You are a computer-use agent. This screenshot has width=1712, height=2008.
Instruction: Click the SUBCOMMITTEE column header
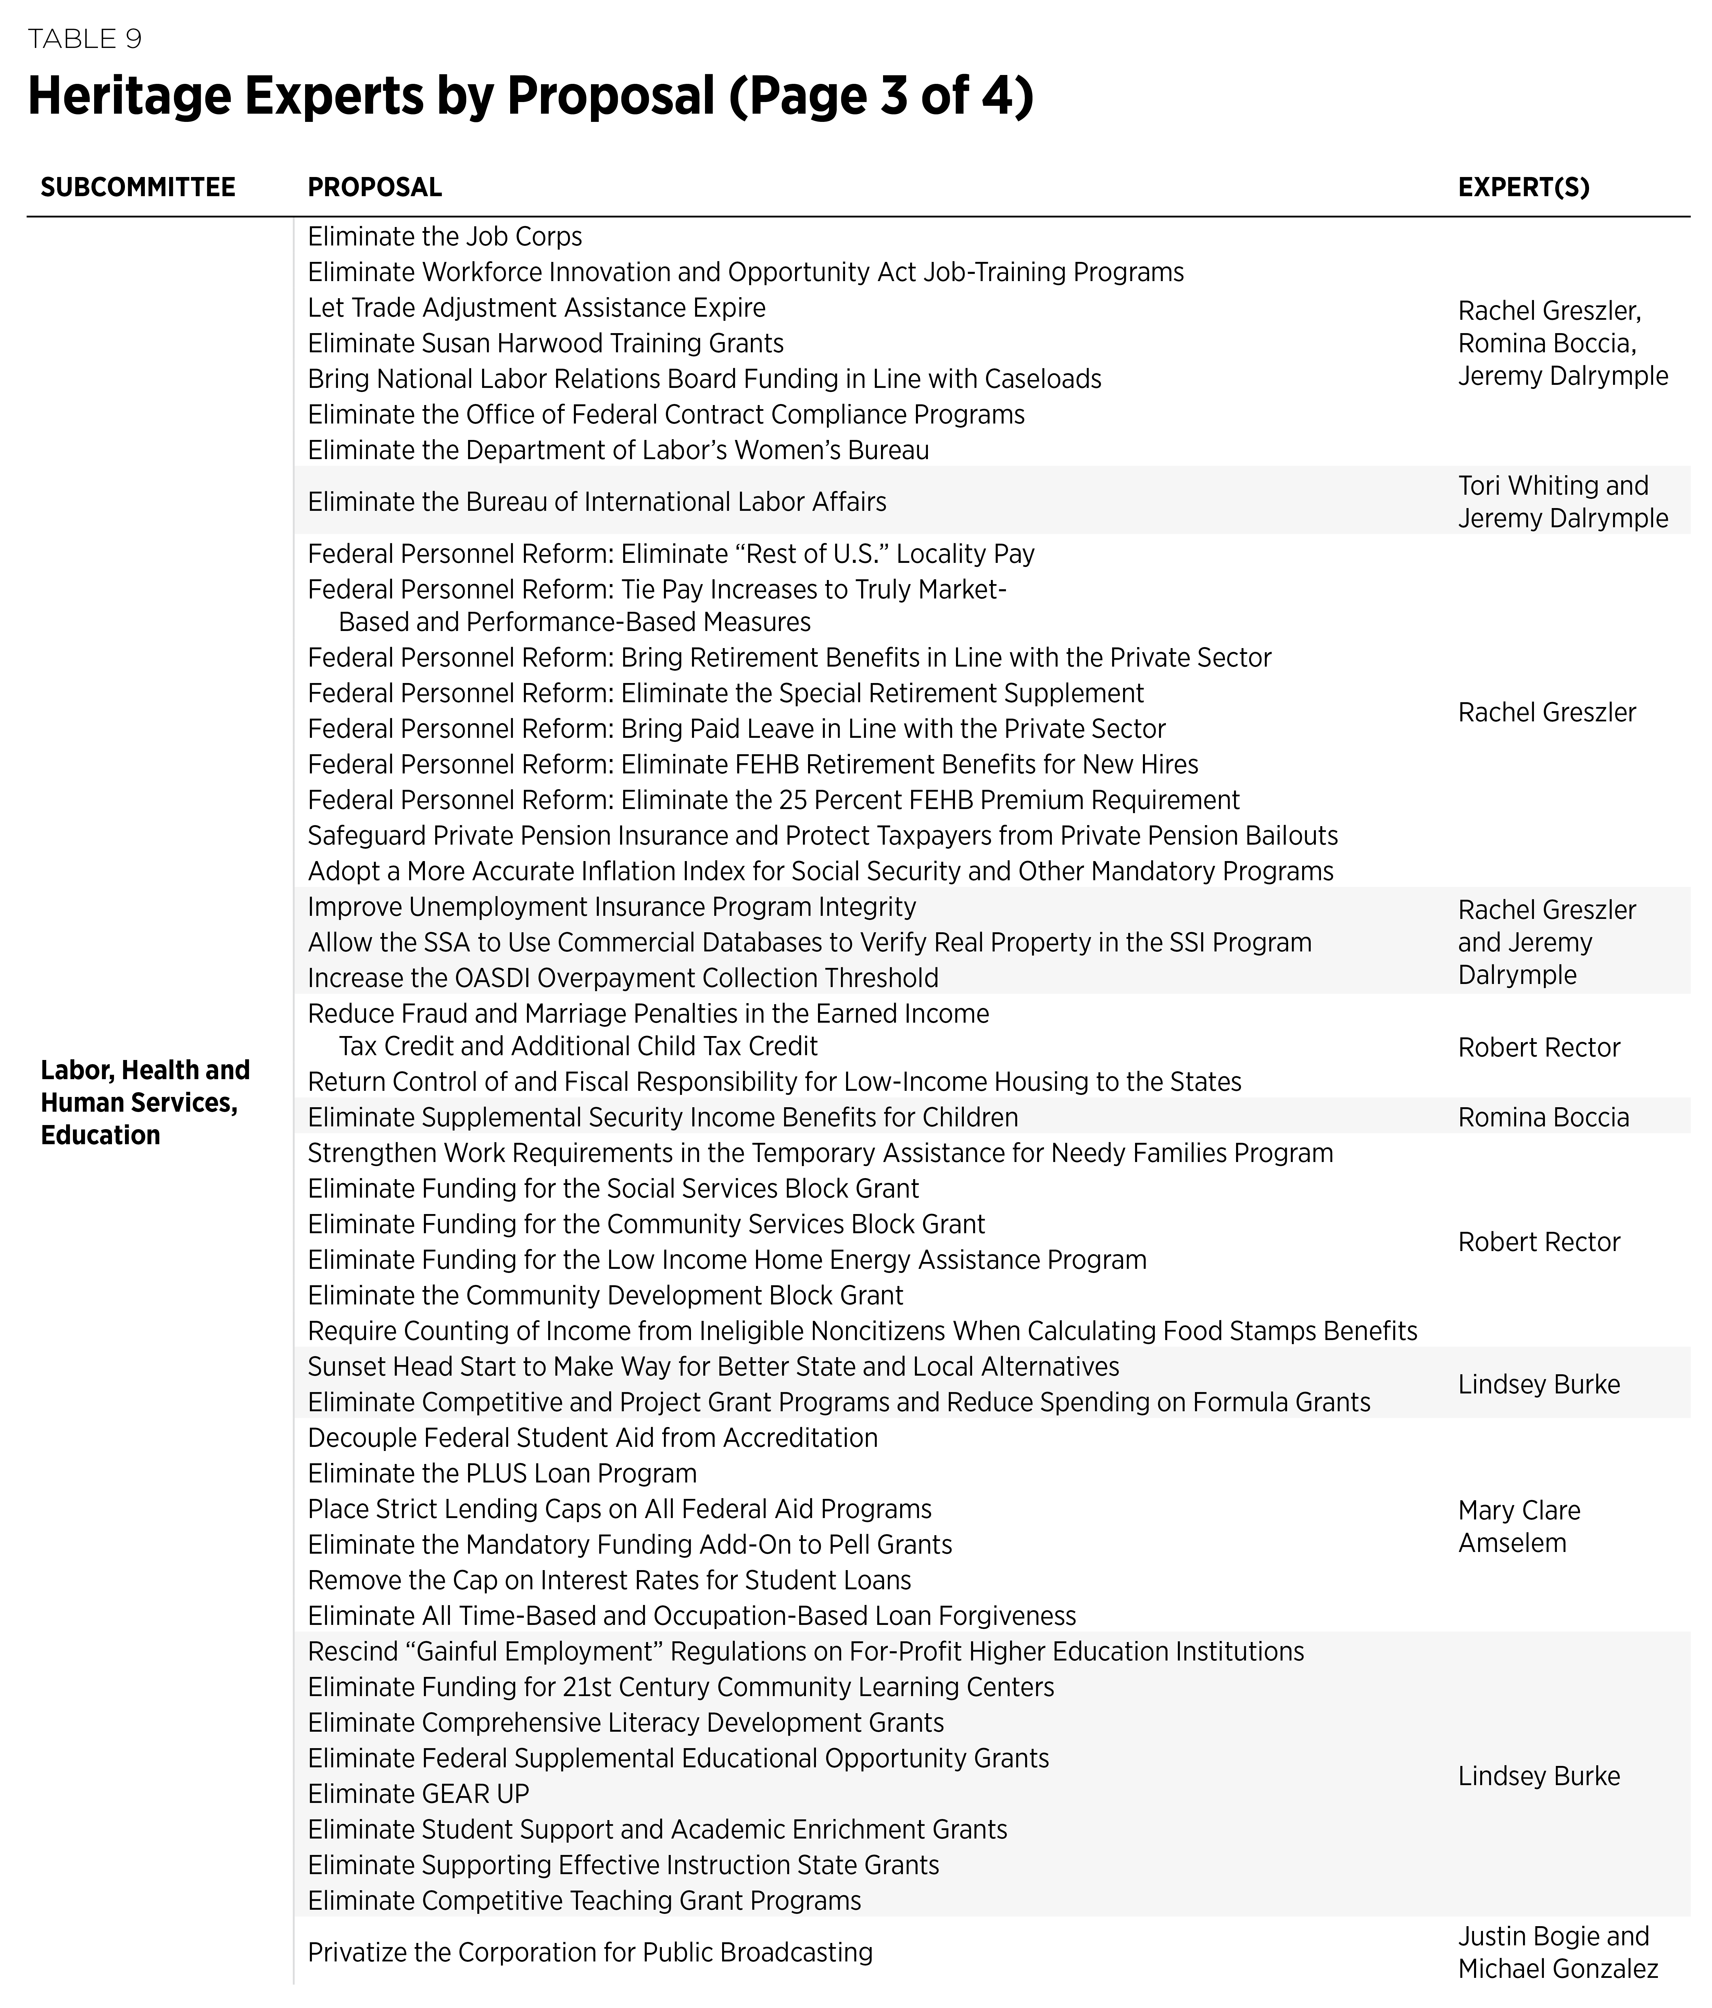point(138,187)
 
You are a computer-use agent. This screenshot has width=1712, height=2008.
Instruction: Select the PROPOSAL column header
point(374,187)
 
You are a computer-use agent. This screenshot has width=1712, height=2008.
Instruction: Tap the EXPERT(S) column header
point(1523,187)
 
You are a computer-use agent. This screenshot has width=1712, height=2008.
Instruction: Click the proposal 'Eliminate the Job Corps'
point(445,237)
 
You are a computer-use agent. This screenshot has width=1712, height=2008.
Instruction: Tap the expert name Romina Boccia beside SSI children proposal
point(1543,1117)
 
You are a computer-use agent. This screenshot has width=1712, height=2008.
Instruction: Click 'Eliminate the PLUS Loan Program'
point(502,1473)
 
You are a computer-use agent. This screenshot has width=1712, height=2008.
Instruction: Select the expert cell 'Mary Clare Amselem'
point(1518,1526)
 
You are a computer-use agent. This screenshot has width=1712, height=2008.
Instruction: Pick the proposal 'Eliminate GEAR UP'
point(419,1794)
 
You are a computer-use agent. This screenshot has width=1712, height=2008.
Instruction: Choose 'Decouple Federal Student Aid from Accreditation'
point(592,1438)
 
